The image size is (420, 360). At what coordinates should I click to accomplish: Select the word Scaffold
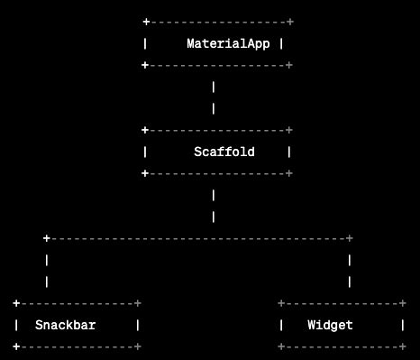[224, 152]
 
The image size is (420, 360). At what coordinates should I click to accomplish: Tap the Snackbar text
[66, 325]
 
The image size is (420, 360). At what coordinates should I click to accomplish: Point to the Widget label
[330, 325]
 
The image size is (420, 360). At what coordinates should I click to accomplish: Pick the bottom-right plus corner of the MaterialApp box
[289, 65]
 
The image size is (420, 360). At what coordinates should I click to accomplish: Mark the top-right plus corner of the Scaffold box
[289, 130]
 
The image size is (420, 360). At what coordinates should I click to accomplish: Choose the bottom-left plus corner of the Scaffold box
[145, 173]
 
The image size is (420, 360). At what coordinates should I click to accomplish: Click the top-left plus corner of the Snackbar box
[16, 303]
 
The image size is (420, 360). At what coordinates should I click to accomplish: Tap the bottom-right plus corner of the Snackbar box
[138, 346]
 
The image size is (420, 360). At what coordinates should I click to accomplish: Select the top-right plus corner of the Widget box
[402, 303]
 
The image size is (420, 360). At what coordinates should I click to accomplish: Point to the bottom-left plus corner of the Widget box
[281, 346]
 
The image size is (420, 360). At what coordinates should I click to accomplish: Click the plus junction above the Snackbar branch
[47, 238]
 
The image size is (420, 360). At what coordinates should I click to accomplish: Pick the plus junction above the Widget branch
[349, 238]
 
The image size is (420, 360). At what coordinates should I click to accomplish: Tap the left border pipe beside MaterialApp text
[145, 43]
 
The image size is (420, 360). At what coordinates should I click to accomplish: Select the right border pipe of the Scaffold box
[289, 152]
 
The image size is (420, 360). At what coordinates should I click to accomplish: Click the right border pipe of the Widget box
[402, 325]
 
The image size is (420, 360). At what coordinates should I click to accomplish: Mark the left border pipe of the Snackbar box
[16, 325]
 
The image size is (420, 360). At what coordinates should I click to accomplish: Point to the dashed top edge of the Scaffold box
[217, 130]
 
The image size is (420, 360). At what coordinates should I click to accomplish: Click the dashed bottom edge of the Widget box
[342, 346]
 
